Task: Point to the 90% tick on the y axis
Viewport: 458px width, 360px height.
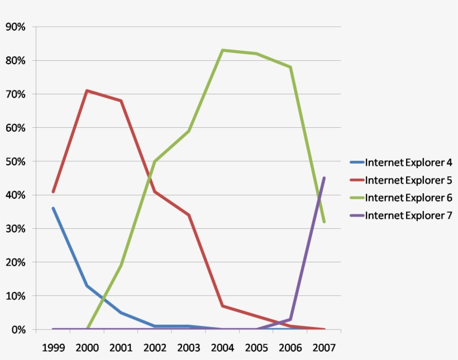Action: pyautogui.click(x=16, y=27)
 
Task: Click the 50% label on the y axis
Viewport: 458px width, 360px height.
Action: pyautogui.click(x=16, y=161)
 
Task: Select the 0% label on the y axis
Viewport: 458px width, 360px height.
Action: pyautogui.click(x=18, y=329)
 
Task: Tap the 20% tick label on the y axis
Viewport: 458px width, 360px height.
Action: pyautogui.click(x=16, y=262)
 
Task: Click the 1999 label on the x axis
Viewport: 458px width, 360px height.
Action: pyautogui.click(x=53, y=348)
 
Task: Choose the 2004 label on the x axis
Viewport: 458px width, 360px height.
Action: pyautogui.click(x=222, y=348)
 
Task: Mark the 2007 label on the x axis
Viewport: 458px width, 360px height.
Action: pyautogui.click(x=324, y=348)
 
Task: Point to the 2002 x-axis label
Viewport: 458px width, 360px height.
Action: pyautogui.click(x=155, y=348)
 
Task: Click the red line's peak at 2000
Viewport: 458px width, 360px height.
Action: pyautogui.click(x=87, y=90)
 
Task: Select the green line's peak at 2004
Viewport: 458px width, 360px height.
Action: pyautogui.click(x=222, y=50)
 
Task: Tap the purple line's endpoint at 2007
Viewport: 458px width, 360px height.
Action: pyautogui.click(x=324, y=178)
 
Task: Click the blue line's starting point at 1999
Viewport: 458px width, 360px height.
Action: pyautogui.click(x=53, y=208)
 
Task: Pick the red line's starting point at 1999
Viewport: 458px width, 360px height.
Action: pyautogui.click(x=53, y=191)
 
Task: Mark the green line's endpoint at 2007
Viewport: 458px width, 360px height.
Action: pyautogui.click(x=324, y=222)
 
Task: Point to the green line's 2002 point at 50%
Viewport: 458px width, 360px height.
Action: pyautogui.click(x=155, y=161)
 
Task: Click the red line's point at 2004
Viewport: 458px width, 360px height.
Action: pyautogui.click(x=222, y=306)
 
